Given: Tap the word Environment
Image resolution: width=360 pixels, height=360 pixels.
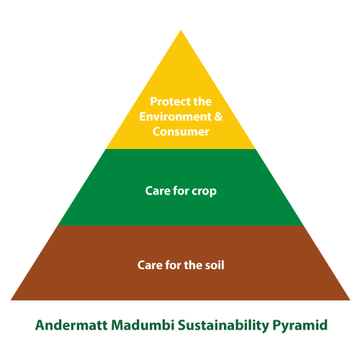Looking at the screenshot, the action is [x=175, y=117].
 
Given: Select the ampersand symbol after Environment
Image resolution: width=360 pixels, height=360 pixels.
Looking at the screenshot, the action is [x=218, y=117].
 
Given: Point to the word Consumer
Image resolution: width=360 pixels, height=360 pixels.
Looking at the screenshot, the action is [x=181, y=132].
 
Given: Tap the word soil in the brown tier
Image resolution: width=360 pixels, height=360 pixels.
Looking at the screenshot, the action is [x=215, y=265].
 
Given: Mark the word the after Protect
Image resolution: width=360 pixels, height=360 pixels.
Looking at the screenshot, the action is [x=202, y=102].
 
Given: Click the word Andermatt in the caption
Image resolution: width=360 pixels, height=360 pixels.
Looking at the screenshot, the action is [x=71, y=325].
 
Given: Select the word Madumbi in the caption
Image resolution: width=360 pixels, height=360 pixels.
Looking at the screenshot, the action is [x=143, y=325].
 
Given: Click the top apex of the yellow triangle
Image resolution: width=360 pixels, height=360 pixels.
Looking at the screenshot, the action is [x=181, y=30].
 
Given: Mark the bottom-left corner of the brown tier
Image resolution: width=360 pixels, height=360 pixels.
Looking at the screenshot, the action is [x=11, y=300].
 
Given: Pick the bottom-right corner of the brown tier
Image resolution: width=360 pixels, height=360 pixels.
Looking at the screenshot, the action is [x=350, y=300].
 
